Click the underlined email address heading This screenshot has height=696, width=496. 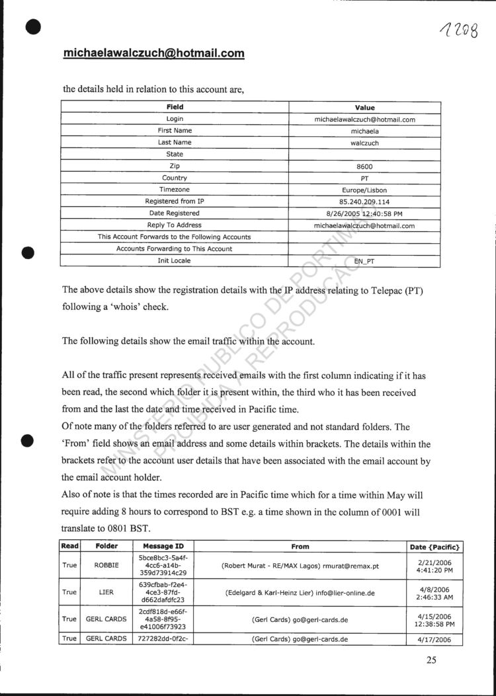pos(153,54)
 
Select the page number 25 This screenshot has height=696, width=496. pos(431,658)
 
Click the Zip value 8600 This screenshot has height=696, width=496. pos(364,167)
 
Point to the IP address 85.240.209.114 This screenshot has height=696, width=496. pos(364,202)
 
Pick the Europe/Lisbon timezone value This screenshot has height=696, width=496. pos(364,190)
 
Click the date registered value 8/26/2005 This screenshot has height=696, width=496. pos(364,213)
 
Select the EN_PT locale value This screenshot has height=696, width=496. pos(364,262)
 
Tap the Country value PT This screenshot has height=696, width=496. pos(364,178)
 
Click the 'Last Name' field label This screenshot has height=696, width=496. pos(175,142)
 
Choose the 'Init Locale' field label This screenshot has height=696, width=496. pos(175,261)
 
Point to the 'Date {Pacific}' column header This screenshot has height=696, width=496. pos(435,547)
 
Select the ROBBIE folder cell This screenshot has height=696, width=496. pos(106,566)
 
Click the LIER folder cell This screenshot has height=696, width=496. pos(106,593)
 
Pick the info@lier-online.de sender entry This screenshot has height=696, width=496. pos(300,593)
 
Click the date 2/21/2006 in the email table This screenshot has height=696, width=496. pos(434,561)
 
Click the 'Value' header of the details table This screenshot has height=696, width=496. pos(364,107)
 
